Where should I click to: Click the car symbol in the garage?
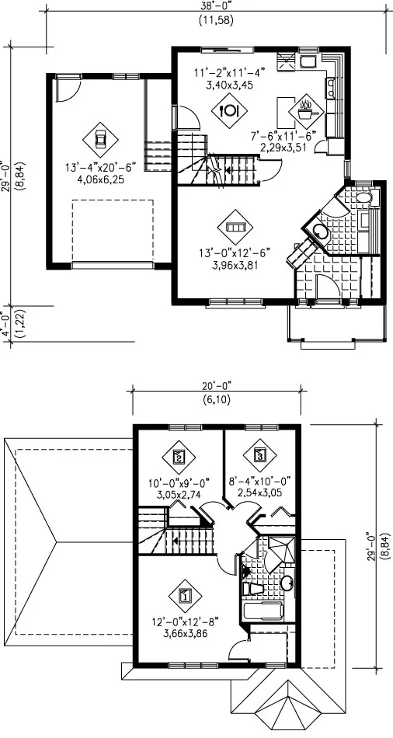point(100,139)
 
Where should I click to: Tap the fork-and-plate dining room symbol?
point(229,110)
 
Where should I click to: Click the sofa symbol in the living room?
point(235,227)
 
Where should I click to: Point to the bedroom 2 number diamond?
point(179,456)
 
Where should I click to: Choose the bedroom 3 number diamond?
point(260,455)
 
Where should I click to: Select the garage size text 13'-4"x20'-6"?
point(101,167)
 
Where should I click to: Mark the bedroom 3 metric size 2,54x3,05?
point(260,492)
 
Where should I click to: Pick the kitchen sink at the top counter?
point(309,62)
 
